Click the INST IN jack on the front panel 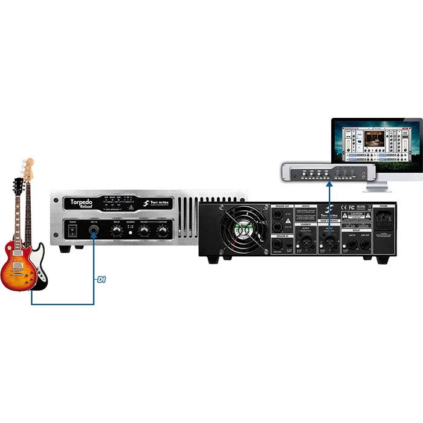point(94,231)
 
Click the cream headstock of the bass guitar point(28,169)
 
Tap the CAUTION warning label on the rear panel point(354,215)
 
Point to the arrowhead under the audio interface point(330,184)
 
